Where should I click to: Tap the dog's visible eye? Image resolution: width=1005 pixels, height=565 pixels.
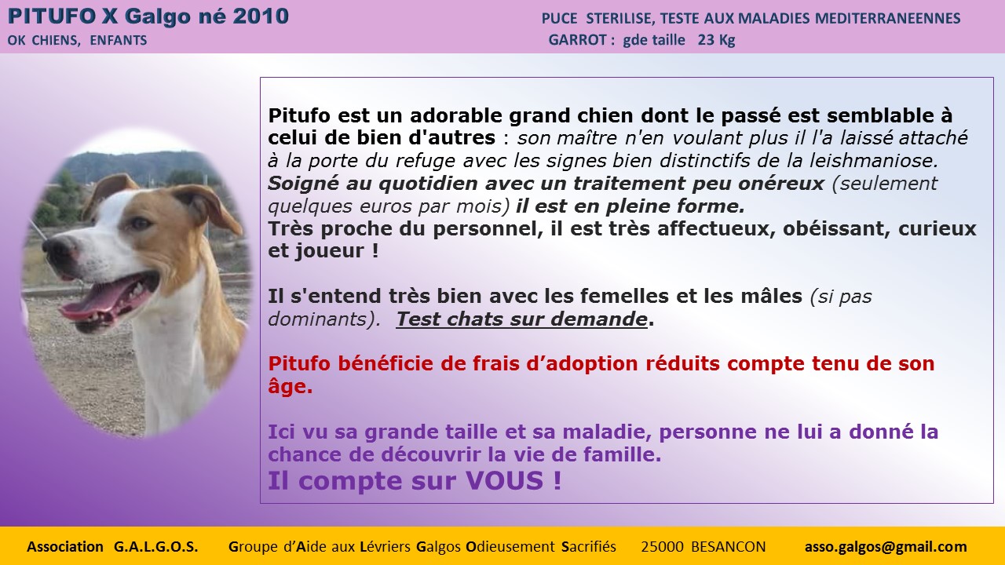point(141,223)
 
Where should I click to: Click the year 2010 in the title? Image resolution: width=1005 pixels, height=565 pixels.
point(261,16)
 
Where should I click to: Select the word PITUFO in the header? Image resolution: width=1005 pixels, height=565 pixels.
point(52,16)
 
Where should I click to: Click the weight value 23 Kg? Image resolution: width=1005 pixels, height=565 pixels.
point(716,40)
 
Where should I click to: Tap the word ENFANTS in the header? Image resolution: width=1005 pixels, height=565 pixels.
point(119,40)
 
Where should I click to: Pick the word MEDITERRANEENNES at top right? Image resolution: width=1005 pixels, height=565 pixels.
point(887,18)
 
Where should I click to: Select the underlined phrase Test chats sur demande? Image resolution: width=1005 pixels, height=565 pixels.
point(522,319)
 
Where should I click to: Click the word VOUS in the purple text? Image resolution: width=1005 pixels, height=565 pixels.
point(504,481)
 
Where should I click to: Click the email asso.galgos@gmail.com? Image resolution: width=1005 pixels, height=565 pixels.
point(886,547)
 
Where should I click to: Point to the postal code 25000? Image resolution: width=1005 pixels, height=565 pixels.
point(662,547)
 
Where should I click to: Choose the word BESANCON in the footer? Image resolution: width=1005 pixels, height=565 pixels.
point(728,547)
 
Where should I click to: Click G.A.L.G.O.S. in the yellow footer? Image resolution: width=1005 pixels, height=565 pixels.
point(155,547)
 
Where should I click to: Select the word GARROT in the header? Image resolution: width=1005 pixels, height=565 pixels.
point(577,40)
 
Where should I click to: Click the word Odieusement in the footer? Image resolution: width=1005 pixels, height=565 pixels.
point(510,547)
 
